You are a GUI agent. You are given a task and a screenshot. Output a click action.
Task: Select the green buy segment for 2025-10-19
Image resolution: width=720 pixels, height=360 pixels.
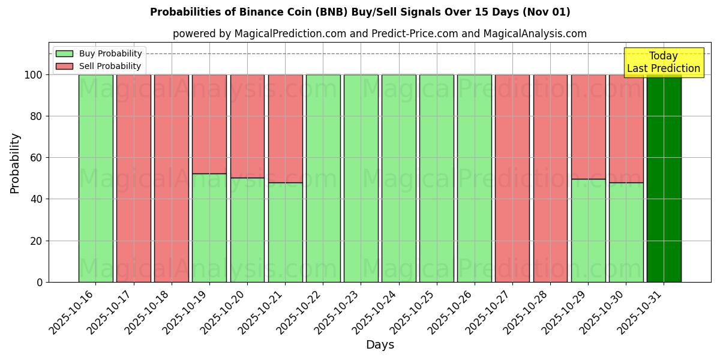(209, 228)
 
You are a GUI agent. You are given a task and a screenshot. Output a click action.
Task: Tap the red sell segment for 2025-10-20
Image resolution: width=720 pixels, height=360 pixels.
(247, 126)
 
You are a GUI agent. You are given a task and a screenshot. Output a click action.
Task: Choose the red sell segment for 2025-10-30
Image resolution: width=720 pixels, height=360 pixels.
(626, 128)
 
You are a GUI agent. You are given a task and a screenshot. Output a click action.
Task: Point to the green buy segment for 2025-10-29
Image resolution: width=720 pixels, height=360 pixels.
(588, 230)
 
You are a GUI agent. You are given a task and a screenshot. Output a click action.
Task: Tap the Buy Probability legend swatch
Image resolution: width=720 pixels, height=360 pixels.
(64, 54)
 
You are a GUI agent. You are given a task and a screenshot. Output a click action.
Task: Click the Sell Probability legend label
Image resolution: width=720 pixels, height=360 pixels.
(110, 67)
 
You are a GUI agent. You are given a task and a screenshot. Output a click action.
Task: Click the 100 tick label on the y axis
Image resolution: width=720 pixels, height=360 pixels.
(33, 75)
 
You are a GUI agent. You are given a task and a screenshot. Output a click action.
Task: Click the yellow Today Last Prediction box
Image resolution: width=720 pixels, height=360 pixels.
(663, 62)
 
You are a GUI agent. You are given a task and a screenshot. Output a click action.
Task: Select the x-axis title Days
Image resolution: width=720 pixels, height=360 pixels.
(380, 345)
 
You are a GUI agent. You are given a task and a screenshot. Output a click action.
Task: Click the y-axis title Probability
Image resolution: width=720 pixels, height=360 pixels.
(15, 163)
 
